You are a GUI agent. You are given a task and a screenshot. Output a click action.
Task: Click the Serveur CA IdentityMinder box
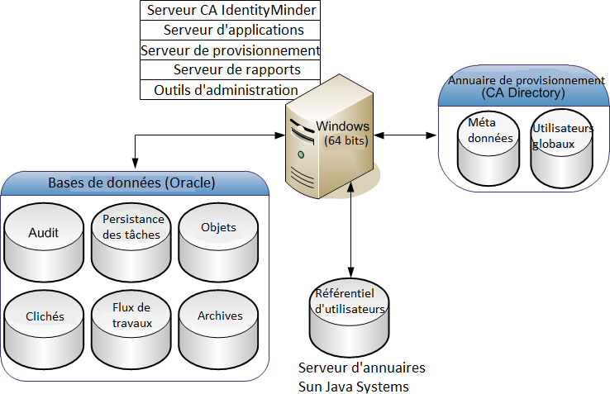pyautogui.click(x=231, y=11)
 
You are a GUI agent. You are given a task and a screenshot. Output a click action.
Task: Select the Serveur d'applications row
pyautogui.click(x=231, y=31)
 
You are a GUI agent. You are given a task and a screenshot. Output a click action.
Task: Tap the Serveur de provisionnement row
pyautogui.click(x=231, y=50)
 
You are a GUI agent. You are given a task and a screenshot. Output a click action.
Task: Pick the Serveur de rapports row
pyautogui.click(x=231, y=70)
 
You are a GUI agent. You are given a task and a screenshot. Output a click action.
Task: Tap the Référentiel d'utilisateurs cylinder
pyautogui.click(x=351, y=314)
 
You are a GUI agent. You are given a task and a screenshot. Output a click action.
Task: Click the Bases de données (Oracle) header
pyautogui.click(x=132, y=183)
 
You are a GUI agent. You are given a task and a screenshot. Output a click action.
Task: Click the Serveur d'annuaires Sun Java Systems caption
pyautogui.click(x=362, y=377)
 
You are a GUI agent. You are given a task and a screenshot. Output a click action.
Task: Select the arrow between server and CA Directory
pyautogui.click(x=404, y=135)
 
